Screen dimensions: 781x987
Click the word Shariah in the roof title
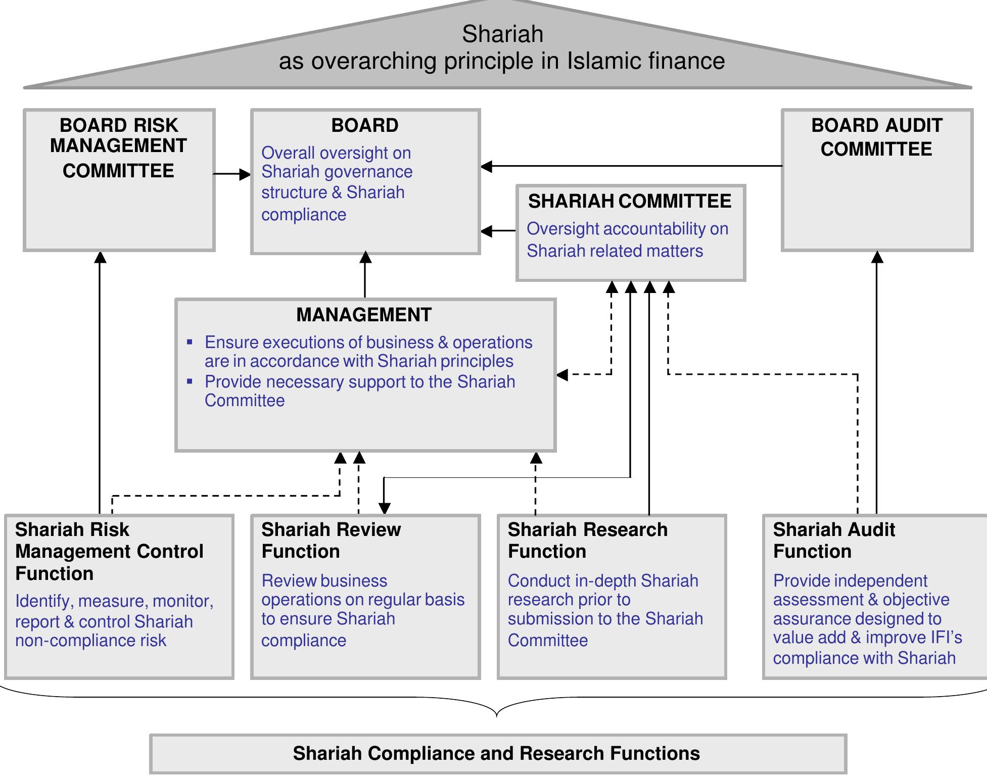(x=502, y=34)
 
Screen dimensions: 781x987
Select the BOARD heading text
(x=365, y=125)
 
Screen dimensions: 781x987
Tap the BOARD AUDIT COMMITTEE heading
(x=876, y=137)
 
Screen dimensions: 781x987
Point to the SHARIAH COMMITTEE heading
(x=630, y=201)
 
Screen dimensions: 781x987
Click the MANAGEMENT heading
(x=364, y=315)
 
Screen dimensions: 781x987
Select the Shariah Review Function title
(x=331, y=541)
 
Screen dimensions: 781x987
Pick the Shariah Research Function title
(x=587, y=541)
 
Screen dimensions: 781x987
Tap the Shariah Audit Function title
(x=834, y=541)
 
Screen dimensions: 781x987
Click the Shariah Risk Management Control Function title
(x=109, y=551)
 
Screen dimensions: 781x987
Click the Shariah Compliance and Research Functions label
(x=496, y=753)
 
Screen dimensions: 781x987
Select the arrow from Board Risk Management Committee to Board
(x=231, y=174)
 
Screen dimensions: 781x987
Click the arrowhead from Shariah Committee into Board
(x=486, y=231)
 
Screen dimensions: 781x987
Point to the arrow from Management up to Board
(x=365, y=275)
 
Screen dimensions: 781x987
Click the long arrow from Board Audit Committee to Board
(x=632, y=166)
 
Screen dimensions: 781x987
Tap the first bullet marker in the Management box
(x=190, y=343)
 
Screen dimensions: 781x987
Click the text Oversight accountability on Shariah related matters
(x=627, y=240)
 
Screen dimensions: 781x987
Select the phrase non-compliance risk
(x=91, y=641)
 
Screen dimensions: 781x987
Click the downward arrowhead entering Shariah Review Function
(x=385, y=508)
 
